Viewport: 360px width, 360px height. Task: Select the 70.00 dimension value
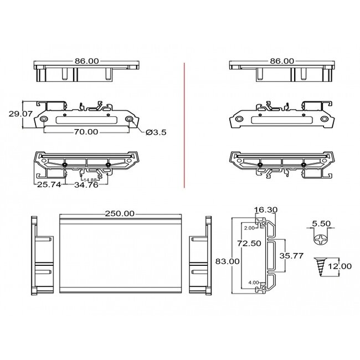(x=86, y=132)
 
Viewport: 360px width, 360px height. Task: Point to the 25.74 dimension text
(x=49, y=186)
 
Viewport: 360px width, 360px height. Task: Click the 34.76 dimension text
(x=86, y=186)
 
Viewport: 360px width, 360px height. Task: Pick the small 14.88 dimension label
(x=90, y=179)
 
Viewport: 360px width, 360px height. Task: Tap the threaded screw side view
(x=320, y=266)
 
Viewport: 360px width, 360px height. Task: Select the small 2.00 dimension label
(x=249, y=228)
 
